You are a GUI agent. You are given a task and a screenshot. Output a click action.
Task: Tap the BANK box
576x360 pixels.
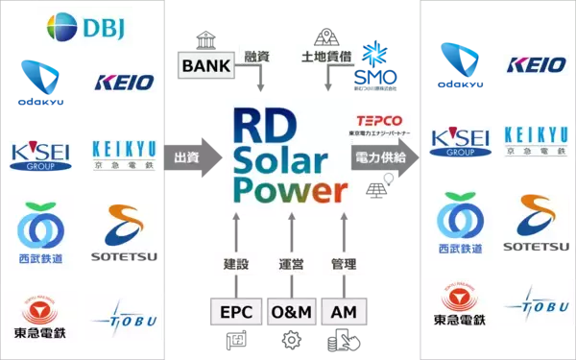204,66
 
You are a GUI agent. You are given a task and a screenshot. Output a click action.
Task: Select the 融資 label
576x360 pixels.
257,57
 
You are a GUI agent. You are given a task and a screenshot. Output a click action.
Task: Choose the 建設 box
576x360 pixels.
230,262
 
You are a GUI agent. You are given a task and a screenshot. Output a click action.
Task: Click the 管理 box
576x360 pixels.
342,262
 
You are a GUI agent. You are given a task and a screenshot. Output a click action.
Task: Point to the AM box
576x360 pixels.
342,314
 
